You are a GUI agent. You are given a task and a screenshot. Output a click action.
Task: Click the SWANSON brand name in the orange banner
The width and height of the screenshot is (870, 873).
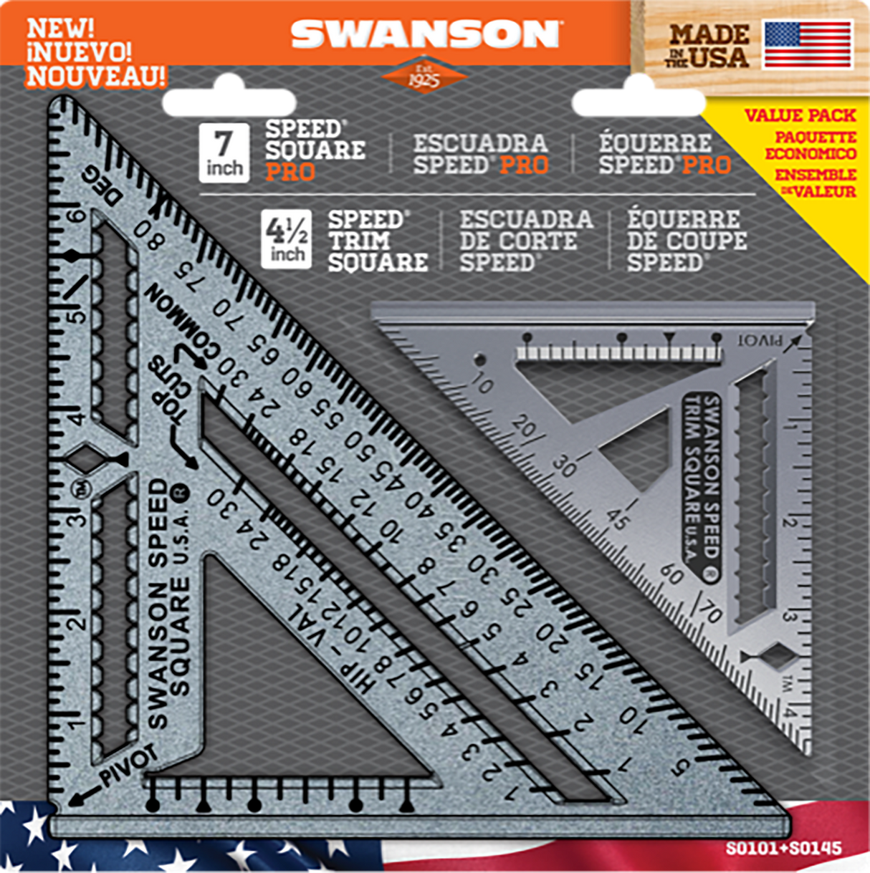(425, 34)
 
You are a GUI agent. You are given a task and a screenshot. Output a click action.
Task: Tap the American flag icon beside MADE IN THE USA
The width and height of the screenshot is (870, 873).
(808, 44)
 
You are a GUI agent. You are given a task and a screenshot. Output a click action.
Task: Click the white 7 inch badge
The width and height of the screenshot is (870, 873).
(224, 152)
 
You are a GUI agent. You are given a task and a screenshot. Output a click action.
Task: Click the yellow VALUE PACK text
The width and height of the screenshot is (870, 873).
(800, 115)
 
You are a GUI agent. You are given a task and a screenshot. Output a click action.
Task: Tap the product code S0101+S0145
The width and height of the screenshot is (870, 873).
(783, 849)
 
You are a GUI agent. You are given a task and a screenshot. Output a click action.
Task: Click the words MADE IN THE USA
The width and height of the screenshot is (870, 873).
(708, 46)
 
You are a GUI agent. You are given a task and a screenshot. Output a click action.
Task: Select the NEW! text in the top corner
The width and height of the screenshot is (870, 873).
(60, 29)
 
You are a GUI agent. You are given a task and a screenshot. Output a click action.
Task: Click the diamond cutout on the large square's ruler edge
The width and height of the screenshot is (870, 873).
(87, 459)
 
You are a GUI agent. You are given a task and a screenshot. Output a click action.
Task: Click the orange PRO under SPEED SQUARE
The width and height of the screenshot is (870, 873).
(290, 172)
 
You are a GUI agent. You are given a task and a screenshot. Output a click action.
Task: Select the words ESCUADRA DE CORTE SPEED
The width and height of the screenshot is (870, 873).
(525, 241)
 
